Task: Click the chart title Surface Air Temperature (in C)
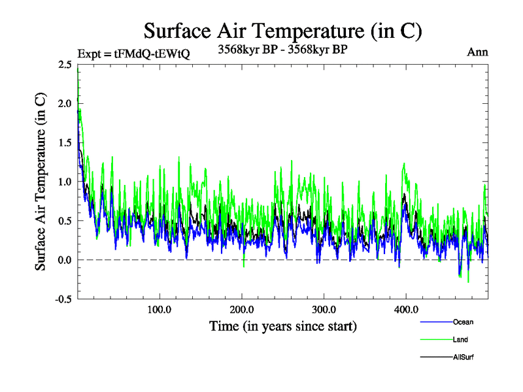282,31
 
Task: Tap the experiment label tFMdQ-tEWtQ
133,54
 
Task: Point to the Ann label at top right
477,52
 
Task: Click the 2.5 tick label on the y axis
65,64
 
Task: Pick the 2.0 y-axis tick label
65,103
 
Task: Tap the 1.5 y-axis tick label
65,142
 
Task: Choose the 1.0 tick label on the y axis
65,182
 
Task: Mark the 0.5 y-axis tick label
65,221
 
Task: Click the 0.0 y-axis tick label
65,260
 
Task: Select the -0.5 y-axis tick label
63,299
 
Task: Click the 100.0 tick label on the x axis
160,310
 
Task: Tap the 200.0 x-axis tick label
242,310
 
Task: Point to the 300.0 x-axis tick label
324,310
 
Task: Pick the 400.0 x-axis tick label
406,310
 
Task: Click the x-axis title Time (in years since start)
282,325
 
